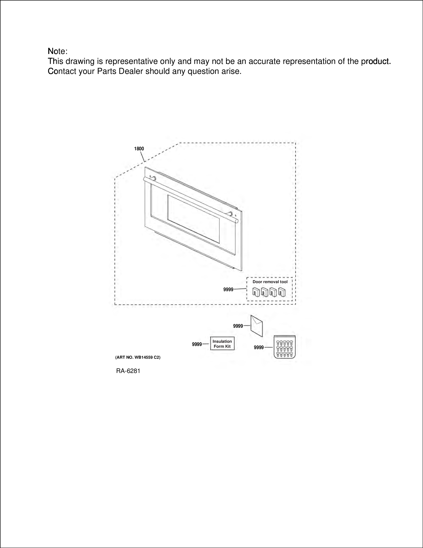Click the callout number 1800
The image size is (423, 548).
click(139, 149)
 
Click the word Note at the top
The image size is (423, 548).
click(57, 51)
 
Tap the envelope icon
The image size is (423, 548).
click(257, 326)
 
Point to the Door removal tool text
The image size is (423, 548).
click(270, 282)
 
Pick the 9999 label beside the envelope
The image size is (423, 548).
click(238, 326)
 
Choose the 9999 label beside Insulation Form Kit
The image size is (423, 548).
click(197, 344)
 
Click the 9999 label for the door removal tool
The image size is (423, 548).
click(228, 290)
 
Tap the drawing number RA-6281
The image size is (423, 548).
click(128, 371)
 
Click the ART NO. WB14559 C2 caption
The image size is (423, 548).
click(138, 357)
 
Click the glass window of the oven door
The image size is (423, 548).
click(193, 219)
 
